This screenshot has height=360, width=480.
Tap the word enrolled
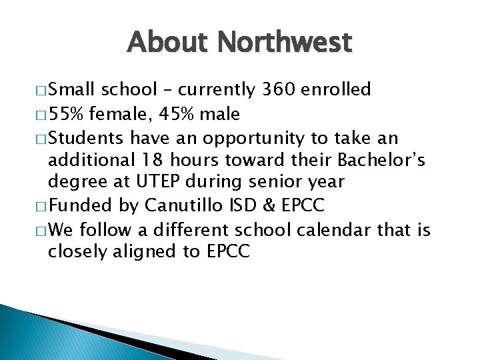click(x=337, y=89)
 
